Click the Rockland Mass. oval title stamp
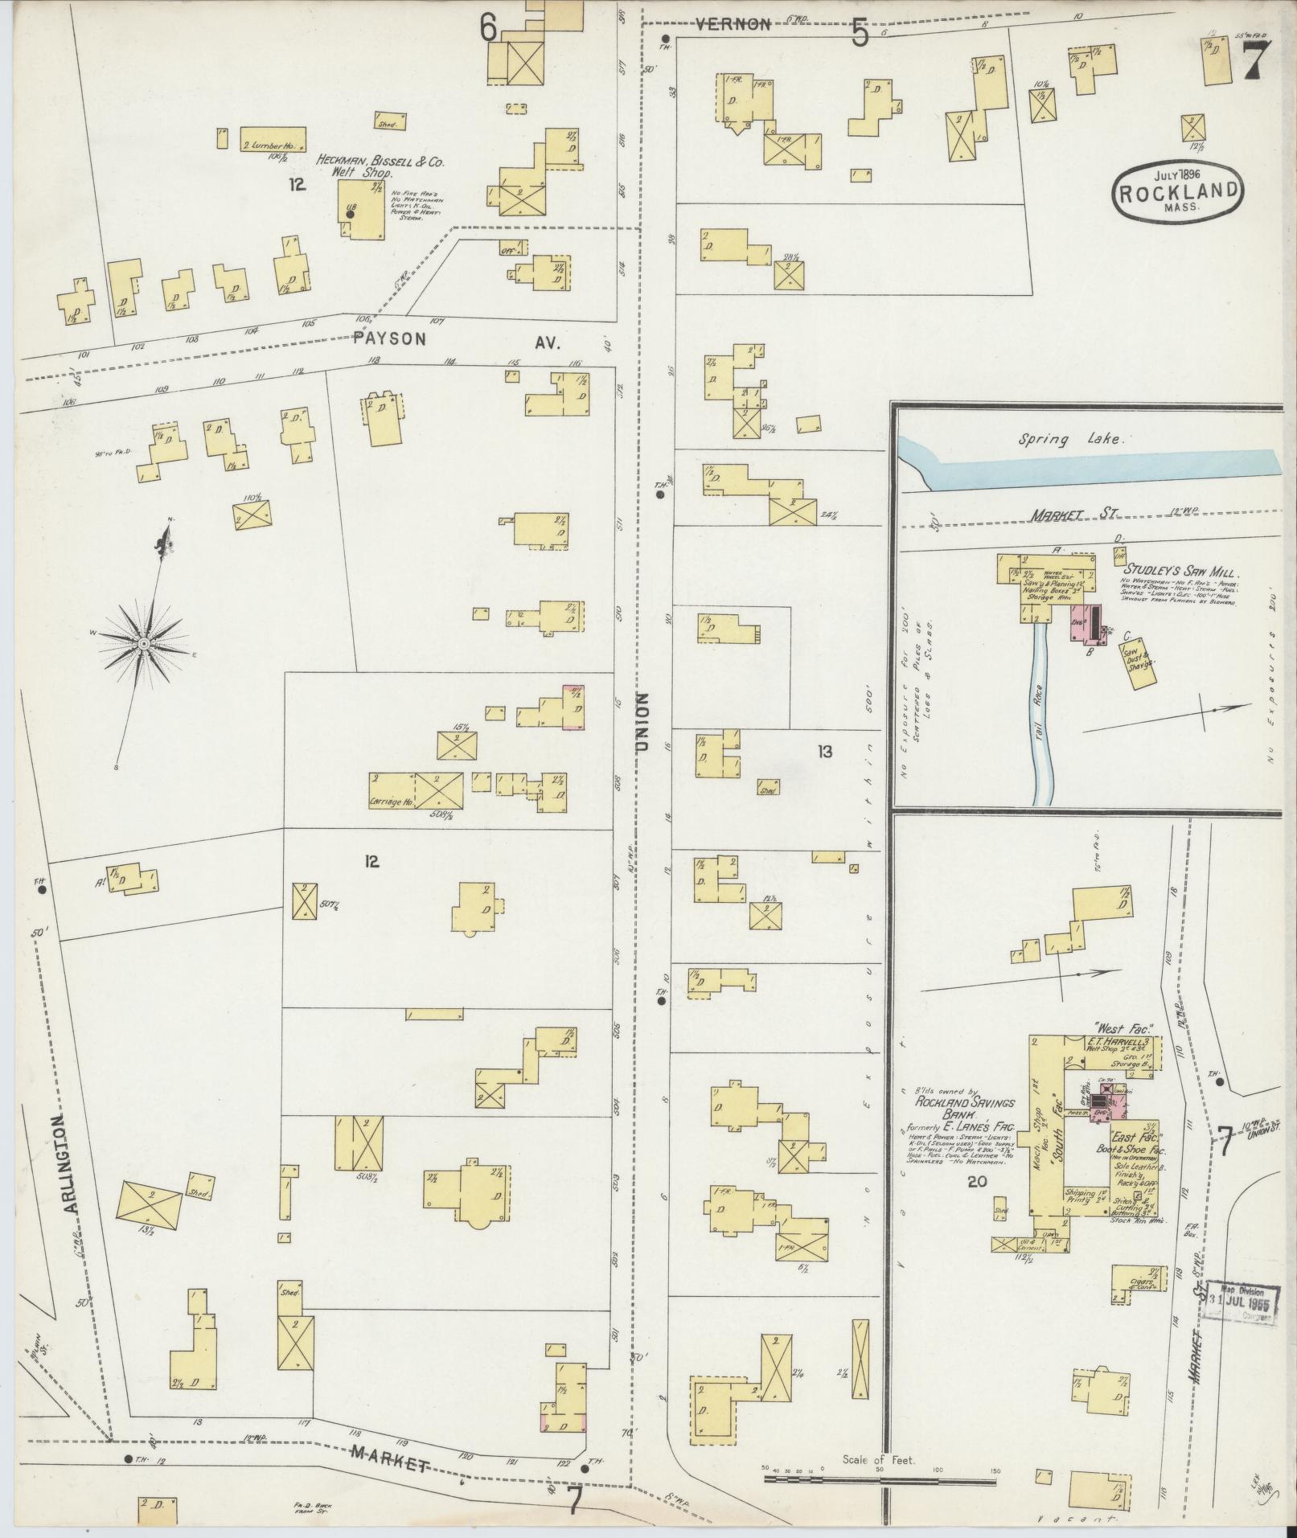point(1176,190)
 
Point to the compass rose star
point(145,643)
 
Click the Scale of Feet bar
point(880,1476)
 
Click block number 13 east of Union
point(824,752)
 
